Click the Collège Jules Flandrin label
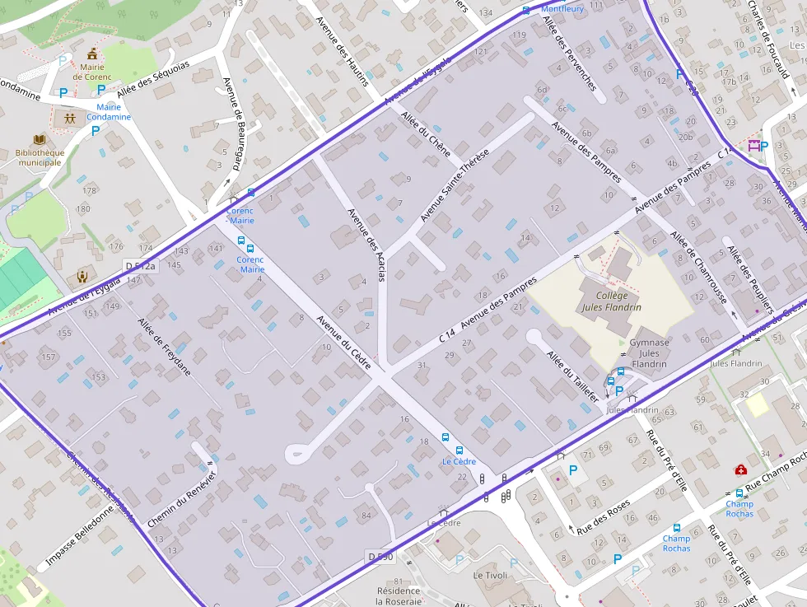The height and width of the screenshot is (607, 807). (x=611, y=301)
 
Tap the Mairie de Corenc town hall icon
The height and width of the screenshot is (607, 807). (x=92, y=54)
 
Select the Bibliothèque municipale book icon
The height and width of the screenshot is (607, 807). (x=40, y=140)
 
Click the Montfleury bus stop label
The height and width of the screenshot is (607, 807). (x=562, y=9)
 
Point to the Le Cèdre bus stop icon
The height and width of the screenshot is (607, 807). (x=445, y=438)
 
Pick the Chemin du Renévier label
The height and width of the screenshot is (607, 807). (x=182, y=499)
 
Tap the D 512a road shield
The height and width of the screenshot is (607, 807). (x=140, y=265)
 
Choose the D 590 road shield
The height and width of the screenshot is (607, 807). (x=380, y=558)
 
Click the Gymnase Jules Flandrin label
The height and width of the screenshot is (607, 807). (x=649, y=353)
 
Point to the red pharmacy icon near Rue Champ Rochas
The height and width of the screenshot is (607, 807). (x=740, y=469)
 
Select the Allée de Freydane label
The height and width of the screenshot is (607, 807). (x=164, y=347)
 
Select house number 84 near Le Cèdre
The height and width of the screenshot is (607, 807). (x=366, y=516)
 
